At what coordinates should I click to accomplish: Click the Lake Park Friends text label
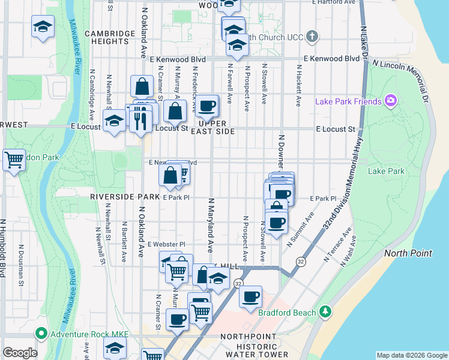[x=349, y=101]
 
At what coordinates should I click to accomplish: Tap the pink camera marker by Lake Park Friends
[x=391, y=101]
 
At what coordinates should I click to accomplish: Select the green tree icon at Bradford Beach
[x=325, y=311]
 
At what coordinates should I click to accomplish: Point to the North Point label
[x=408, y=253]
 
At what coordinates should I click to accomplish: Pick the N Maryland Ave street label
[x=211, y=224]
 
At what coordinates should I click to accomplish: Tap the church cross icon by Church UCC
[x=312, y=37]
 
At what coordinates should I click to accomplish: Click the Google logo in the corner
[x=20, y=353]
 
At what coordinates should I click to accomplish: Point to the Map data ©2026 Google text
[x=411, y=355]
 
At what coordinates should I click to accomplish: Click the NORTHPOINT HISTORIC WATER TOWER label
[x=247, y=346]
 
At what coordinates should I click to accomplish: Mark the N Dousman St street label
[x=21, y=264]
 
